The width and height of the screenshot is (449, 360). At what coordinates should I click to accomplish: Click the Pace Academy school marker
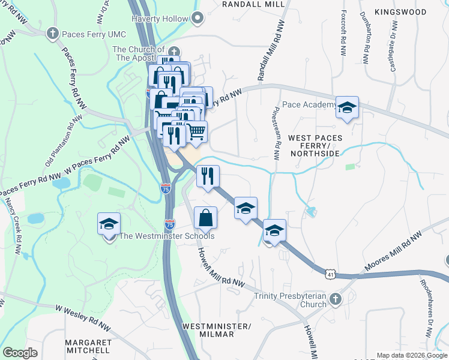coord(347,108)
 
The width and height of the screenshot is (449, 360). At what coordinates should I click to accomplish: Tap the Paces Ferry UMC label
coord(92,34)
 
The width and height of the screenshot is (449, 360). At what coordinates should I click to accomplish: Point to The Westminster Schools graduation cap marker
coord(109,224)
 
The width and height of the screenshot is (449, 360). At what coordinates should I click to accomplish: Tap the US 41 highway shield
coord(330,273)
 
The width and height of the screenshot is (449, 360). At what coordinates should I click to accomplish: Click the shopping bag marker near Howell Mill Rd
coord(205,218)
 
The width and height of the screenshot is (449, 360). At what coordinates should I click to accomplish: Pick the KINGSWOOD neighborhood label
coord(400,12)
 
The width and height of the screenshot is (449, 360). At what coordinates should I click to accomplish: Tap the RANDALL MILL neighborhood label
coord(253,4)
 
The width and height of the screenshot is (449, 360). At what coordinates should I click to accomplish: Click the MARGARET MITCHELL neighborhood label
coord(88,346)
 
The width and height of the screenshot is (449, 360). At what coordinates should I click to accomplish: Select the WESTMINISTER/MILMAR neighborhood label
coord(215,329)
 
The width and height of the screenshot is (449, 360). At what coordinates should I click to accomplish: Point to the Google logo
coord(20,353)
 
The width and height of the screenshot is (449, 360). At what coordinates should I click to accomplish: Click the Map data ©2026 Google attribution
coord(411,355)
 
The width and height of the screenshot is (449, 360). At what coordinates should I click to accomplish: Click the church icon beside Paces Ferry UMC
coord(53,34)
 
